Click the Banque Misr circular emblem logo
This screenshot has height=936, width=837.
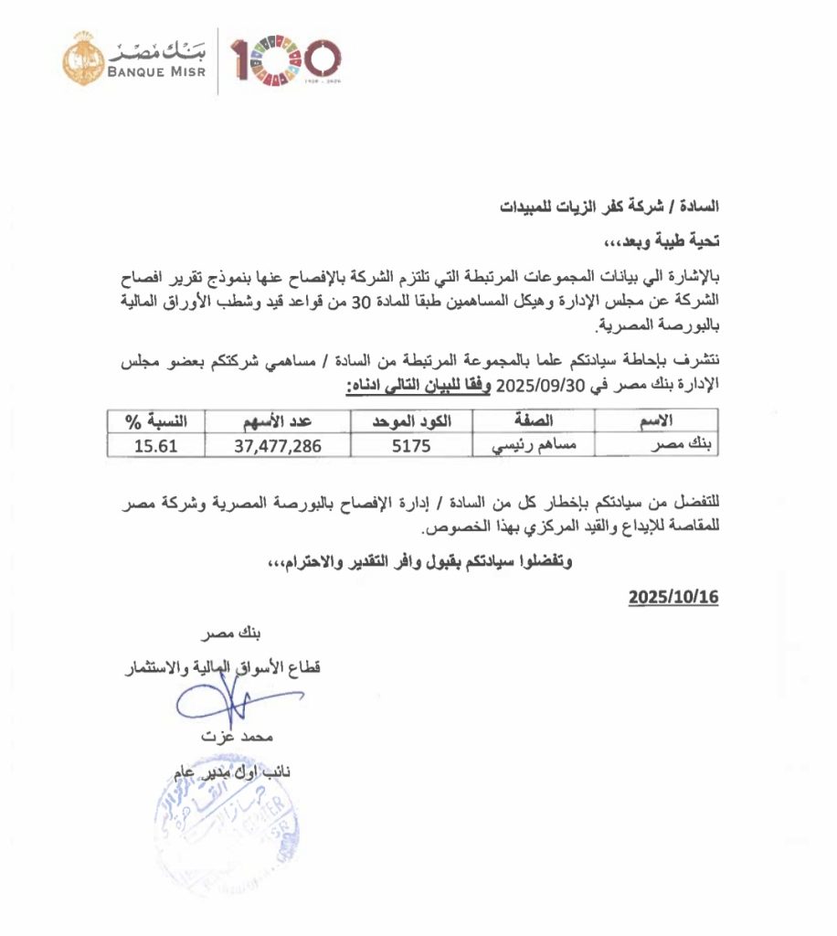83,58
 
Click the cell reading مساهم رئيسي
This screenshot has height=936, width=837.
535,445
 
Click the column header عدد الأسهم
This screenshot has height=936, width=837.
277,422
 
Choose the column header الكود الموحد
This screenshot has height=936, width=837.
410,422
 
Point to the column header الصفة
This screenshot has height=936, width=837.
535,422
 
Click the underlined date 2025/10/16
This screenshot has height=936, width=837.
673,597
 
